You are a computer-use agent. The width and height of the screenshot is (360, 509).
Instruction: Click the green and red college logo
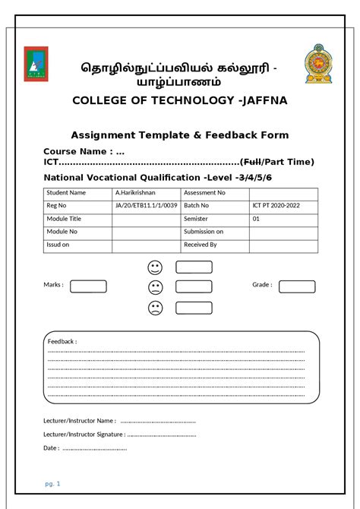coord(34,64)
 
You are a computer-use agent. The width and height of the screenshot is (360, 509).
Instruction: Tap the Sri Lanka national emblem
coord(318,65)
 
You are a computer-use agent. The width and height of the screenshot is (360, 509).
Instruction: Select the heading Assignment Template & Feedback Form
coord(180,135)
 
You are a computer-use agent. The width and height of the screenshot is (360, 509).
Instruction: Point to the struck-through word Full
coord(250,162)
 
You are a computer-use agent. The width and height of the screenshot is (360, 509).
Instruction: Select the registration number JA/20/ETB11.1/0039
coord(146,206)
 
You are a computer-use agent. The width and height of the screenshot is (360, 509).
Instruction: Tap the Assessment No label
coord(205,193)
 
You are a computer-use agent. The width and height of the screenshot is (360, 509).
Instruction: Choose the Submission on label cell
coord(204,232)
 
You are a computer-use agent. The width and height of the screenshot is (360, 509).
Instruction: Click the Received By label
coord(201,245)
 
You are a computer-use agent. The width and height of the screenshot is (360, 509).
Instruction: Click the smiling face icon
coord(156,267)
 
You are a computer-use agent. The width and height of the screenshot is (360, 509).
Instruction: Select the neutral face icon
coord(156,287)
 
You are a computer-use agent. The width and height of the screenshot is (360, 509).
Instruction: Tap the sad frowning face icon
coord(156,308)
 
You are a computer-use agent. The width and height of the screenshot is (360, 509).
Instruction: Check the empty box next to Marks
coord(88,286)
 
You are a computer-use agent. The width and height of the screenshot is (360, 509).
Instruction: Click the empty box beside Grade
coord(297,286)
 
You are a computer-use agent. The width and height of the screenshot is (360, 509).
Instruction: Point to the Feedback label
coord(62,342)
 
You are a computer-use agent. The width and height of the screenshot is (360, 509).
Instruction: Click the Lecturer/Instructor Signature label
coord(84,435)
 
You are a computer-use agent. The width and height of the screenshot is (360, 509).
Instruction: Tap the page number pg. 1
coord(52,484)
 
